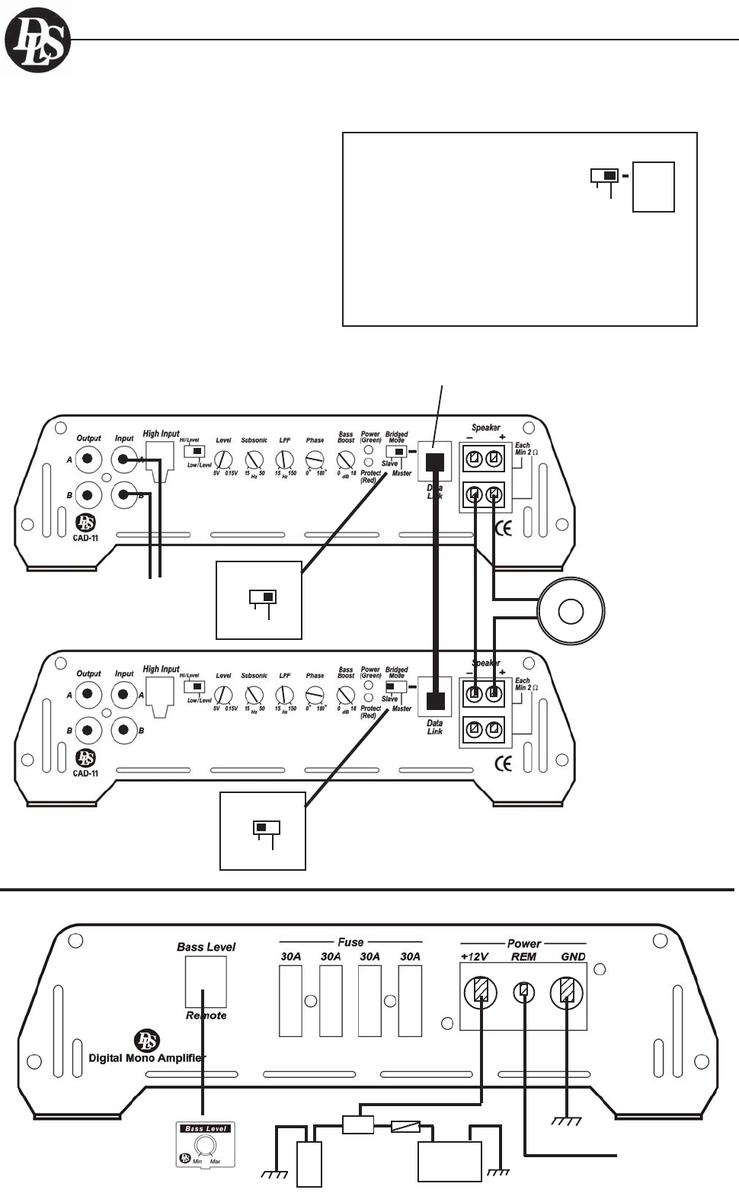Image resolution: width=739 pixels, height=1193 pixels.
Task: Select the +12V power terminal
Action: (x=480, y=991)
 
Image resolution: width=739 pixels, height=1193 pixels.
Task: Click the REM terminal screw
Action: (x=523, y=992)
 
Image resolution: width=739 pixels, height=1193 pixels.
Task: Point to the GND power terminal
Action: (x=567, y=991)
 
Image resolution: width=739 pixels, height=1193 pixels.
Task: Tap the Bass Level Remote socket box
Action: (x=206, y=982)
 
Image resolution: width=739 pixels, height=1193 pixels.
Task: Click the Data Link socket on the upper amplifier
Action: (x=435, y=462)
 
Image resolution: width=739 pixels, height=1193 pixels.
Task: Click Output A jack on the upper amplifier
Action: (x=88, y=459)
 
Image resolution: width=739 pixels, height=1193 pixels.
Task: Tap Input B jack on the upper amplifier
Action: (x=124, y=495)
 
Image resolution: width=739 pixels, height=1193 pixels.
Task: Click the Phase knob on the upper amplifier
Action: (x=314, y=460)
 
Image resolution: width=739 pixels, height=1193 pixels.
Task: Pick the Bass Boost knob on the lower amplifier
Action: (x=345, y=696)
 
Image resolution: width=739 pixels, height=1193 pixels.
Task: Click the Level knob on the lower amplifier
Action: (x=223, y=696)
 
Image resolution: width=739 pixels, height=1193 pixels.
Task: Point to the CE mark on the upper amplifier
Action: (x=504, y=527)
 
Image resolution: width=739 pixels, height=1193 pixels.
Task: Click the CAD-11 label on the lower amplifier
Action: (x=85, y=773)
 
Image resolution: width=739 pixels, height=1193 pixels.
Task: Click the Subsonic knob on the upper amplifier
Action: (x=254, y=460)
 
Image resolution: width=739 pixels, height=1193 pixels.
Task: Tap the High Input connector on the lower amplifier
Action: (x=161, y=697)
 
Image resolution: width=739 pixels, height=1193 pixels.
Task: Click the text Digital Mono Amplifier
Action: (x=147, y=1057)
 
